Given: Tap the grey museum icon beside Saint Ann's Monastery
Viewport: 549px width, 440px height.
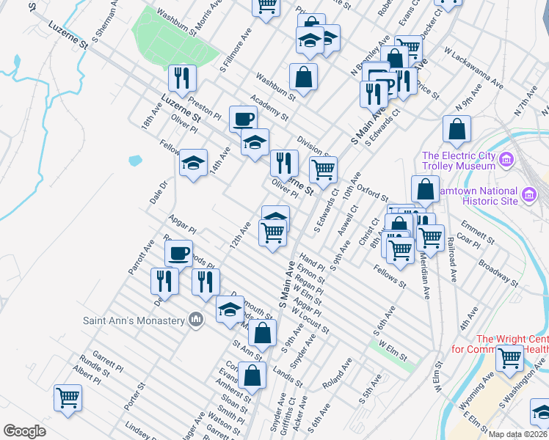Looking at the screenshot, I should coord(196,320).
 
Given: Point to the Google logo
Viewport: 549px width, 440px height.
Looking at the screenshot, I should coord(24,431).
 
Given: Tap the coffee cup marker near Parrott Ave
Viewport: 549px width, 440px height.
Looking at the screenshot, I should coord(178,254).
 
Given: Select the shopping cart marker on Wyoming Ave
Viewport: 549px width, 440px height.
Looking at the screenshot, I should coord(509,358).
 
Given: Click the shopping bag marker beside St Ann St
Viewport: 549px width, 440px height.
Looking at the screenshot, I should coord(261,333).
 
